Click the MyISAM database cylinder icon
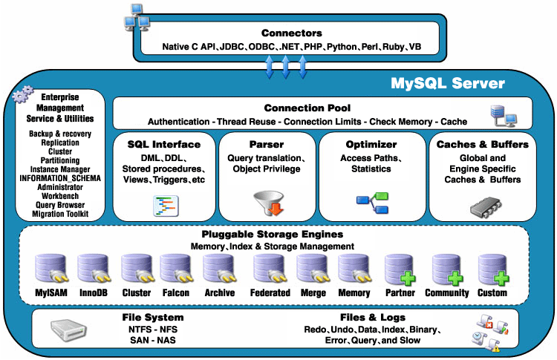pyautogui.click(x=51, y=269)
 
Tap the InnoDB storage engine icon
pyautogui.click(x=93, y=269)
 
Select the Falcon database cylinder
pyautogui.click(x=176, y=269)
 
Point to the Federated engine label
pyautogui.click(x=270, y=292)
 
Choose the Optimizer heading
pyautogui.click(x=371, y=144)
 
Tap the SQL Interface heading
pyautogui.click(x=164, y=144)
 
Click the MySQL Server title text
pyautogui.click(x=448, y=82)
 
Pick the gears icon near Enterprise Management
pyautogui.click(x=24, y=94)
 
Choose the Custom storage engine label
pyautogui.click(x=492, y=292)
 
